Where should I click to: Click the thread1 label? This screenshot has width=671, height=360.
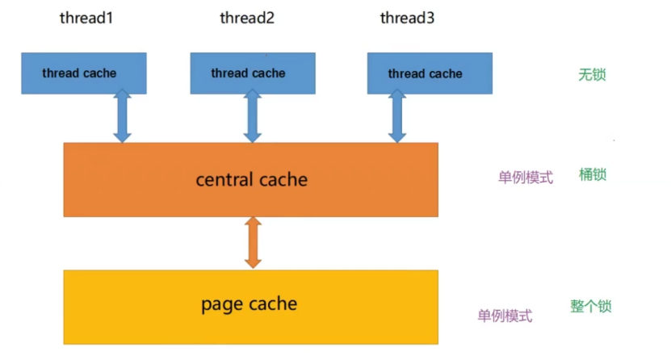(86, 18)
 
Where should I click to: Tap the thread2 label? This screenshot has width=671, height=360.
(247, 18)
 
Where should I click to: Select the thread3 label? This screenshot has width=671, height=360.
(407, 18)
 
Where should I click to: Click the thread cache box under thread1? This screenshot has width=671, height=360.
(84, 73)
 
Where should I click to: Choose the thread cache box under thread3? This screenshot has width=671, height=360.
(429, 73)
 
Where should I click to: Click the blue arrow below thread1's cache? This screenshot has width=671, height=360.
(122, 116)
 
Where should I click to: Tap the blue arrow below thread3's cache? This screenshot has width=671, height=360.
(396, 116)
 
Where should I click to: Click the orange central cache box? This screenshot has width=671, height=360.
(121, 179)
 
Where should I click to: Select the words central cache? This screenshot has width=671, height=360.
(251, 179)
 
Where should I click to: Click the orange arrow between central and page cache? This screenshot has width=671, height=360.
(253, 242)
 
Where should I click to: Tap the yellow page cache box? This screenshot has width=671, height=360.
(121, 306)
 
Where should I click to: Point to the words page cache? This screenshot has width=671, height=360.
(249, 304)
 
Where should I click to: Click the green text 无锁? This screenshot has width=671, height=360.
(592, 75)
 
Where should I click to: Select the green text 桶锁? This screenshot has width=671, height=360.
(592, 175)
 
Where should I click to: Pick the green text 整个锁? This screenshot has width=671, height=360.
(591, 306)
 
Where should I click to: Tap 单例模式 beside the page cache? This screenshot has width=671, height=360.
(505, 316)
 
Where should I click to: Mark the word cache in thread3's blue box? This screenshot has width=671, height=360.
(446, 73)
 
